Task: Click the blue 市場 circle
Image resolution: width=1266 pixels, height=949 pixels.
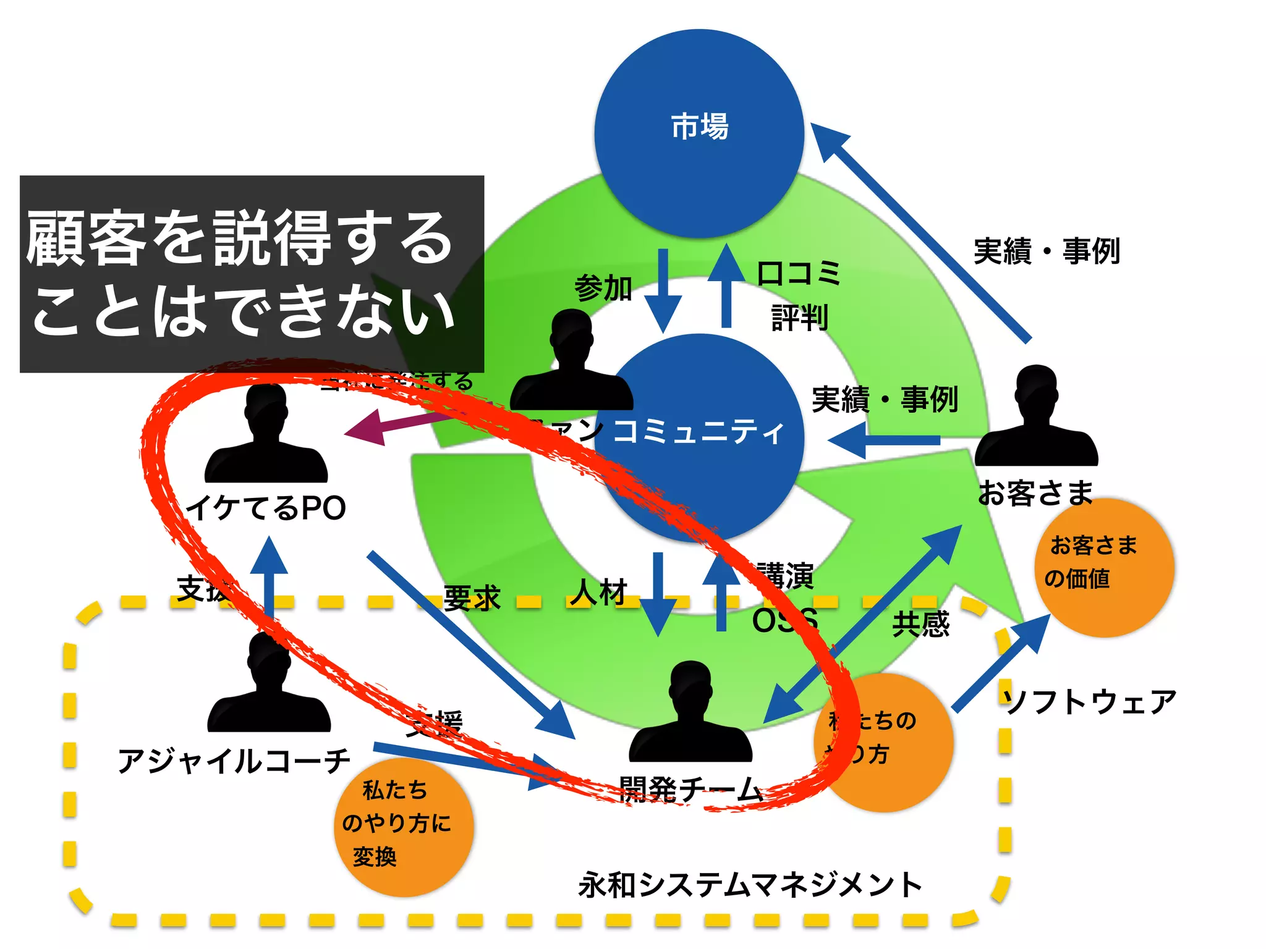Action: (699, 133)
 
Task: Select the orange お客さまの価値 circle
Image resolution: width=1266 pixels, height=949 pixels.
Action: (1105, 567)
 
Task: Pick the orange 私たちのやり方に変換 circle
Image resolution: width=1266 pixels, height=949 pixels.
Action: (404, 827)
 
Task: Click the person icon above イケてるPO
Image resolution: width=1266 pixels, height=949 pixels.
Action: (266, 436)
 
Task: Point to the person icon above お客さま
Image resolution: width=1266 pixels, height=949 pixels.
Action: (1036, 418)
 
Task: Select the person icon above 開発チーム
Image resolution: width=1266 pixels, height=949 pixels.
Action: (690, 714)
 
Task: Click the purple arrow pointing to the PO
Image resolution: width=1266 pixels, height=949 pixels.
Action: (396, 425)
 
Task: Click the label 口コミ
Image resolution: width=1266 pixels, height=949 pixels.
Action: (799, 272)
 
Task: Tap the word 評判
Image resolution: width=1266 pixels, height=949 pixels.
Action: (799, 318)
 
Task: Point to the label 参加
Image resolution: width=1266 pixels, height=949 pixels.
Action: (603, 288)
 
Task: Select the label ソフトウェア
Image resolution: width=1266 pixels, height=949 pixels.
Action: (1090, 702)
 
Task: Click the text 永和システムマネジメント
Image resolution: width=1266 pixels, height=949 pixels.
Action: (749, 884)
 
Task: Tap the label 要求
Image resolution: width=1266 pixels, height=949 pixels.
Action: (472, 597)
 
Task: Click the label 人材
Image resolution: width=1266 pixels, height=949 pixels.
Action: (598, 592)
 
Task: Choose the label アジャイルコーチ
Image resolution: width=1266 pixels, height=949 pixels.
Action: (234, 761)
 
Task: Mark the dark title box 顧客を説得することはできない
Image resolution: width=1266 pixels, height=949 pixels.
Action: (252, 274)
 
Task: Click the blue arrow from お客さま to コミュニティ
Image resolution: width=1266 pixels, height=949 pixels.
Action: (885, 441)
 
